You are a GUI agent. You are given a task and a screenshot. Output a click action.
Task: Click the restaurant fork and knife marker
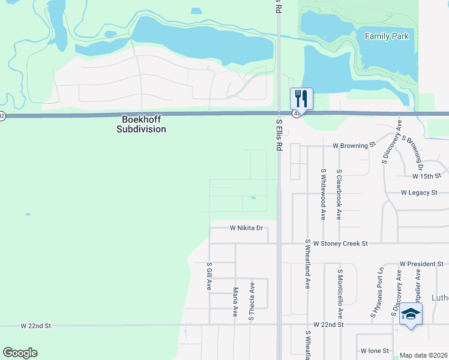pyautogui.click(x=301, y=99)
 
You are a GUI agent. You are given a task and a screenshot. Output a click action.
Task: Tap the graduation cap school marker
pyautogui.click(x=411, y=314)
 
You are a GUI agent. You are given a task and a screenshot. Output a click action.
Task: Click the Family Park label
pyautogui.click(x=387, y=37)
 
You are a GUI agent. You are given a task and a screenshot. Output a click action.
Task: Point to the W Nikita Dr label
pyautogui.click(x=247, y=228)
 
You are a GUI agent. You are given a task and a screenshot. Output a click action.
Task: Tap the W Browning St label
pyautogui.click(x=354, y=145)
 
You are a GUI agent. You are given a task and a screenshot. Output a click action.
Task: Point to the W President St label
pyautogui.click(x=421, y=264)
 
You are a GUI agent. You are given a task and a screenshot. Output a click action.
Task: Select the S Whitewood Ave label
pyautogui.click(x=323, y=194)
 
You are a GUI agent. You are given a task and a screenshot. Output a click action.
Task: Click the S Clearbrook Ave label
pyautogui.click(x=339, y=194)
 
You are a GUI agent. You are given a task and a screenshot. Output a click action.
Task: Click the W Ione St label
pyautogui.click(x=375, y=350)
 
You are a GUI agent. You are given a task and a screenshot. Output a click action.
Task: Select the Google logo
pyautogui.click(x=20, y=353)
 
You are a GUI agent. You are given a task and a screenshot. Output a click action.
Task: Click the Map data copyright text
pyautogui.click(x=424, y=355)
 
